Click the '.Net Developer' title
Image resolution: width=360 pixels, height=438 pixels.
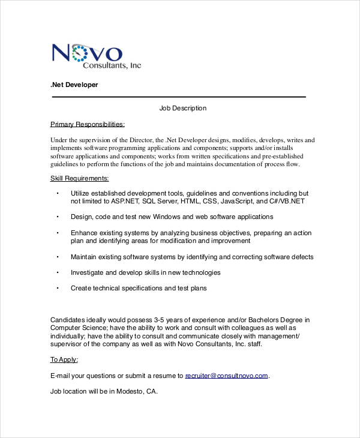pos(74,85)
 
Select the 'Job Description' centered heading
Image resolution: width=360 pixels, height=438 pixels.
pos(183,109)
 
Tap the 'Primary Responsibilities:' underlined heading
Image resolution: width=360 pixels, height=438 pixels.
pos(88,124)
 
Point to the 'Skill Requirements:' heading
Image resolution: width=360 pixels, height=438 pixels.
pos(80,178)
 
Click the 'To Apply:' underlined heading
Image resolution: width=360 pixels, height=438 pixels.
pos(64,360)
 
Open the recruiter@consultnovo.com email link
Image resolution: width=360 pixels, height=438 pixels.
pos(226,376)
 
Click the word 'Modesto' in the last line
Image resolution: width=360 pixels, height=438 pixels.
pos(131,392)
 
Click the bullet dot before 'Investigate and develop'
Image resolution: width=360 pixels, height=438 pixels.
pos(58,272)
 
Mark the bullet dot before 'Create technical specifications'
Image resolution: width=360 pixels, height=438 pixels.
pos(58,288)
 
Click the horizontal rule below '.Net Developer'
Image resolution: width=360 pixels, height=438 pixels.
pos(179,97)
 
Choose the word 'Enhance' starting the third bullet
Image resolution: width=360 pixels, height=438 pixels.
pos(83,233)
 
